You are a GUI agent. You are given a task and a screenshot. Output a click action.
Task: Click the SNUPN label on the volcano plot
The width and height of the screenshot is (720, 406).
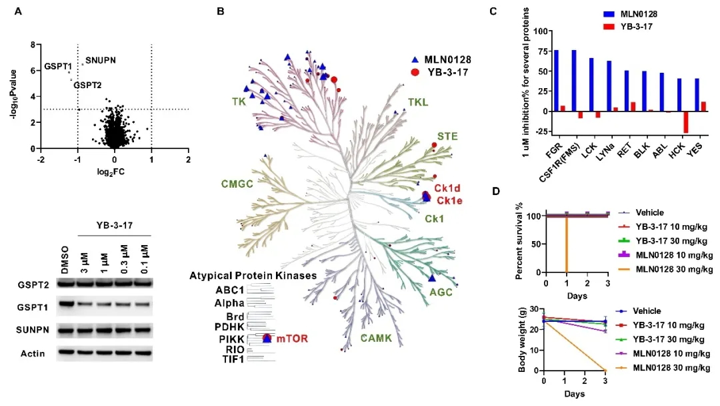tap(101, 60)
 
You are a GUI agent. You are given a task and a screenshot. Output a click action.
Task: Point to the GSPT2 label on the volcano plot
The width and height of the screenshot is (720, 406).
tap(87, 85)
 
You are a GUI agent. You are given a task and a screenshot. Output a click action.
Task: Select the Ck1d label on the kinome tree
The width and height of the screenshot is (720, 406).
tap(447, 188)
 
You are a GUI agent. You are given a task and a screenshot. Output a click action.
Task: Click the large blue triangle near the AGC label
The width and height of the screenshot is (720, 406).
tap(432, 278)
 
